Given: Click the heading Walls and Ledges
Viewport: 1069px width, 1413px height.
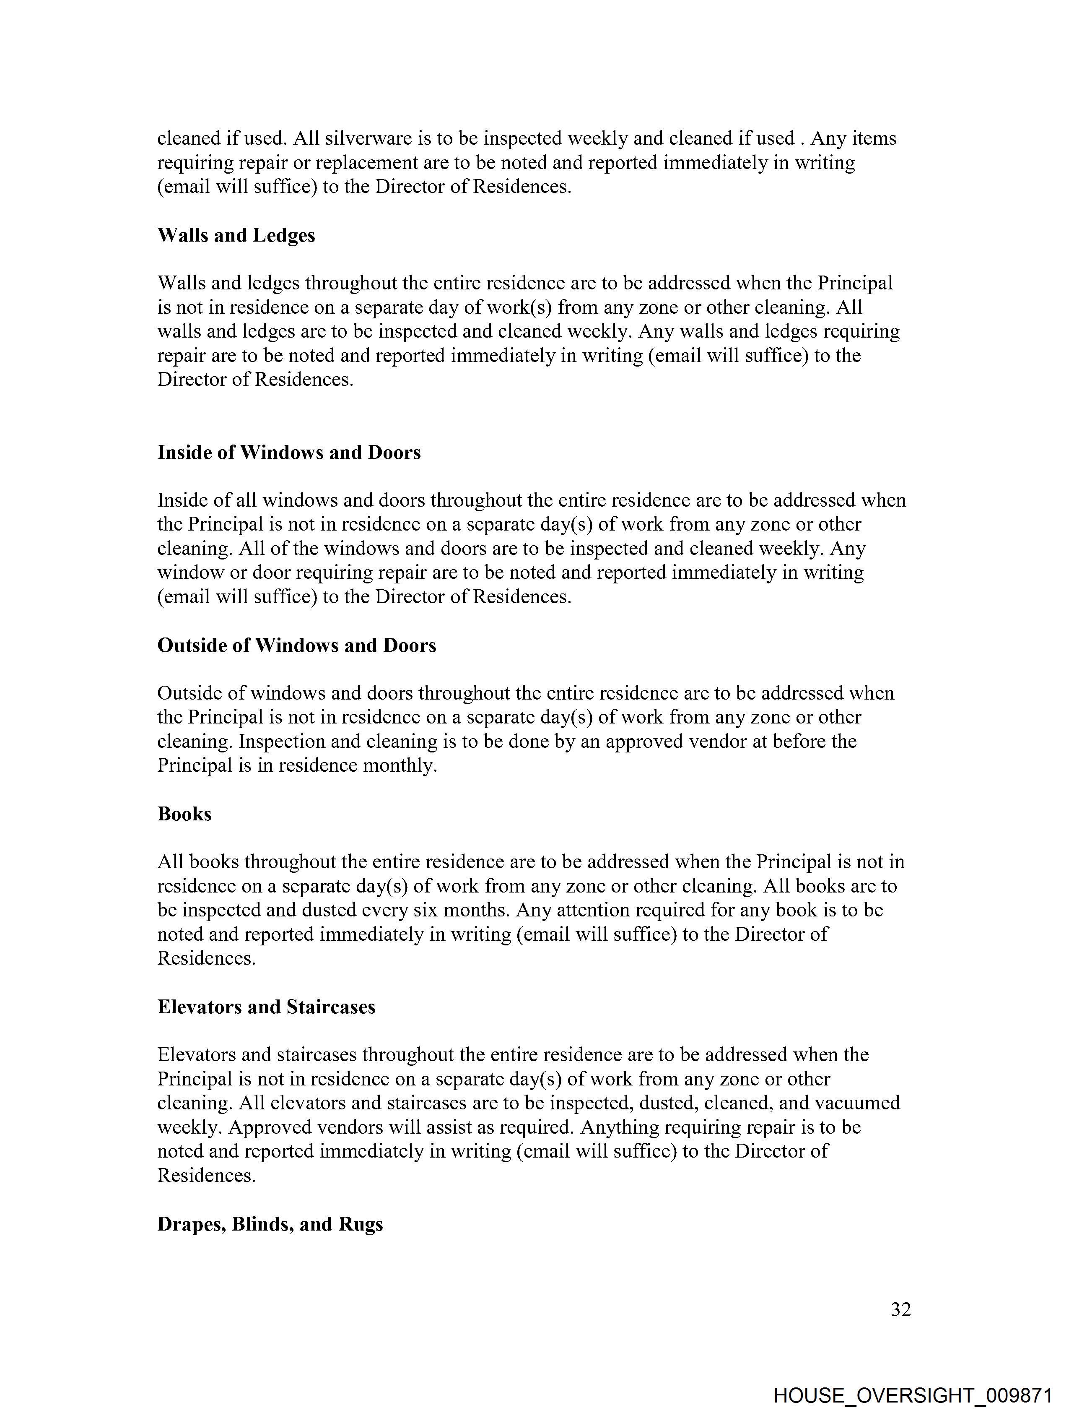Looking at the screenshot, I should [x=236, y=236].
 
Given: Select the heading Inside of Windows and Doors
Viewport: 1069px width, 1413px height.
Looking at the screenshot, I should [x=289, y=453].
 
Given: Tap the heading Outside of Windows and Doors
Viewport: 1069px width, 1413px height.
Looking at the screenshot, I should [x=296, y=646].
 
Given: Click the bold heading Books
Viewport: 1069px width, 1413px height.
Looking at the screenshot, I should [x=184, y=814].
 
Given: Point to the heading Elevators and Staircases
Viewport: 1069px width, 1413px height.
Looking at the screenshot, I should [x=266, y=1007].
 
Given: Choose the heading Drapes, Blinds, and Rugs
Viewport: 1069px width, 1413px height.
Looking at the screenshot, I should [x=270, y=1225].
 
